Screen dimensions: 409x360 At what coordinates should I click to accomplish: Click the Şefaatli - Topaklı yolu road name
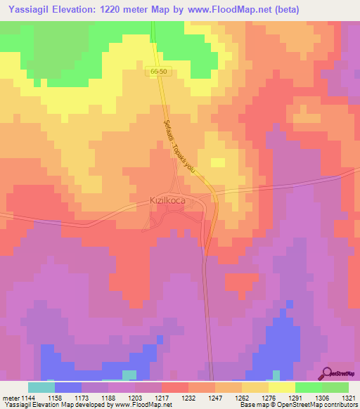coord(179,148)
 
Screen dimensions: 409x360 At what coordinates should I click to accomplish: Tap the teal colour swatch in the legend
coord(41,387)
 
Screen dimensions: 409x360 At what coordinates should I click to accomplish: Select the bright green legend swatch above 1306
coord(309,387)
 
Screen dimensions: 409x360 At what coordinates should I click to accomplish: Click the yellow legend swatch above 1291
coord(282,387)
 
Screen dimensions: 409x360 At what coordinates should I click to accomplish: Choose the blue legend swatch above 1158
coord(68,387)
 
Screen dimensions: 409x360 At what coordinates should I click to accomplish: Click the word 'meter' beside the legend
coord(8,397)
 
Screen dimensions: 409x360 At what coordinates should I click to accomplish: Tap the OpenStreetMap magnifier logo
coord(328,374)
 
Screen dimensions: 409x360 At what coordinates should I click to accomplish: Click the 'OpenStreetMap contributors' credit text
coord(321,405)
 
